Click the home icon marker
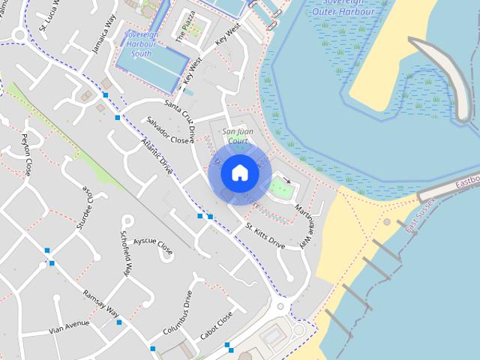[239, 173]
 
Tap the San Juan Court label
[237, 136]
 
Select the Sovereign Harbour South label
[140, 44]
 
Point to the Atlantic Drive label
[157, 157]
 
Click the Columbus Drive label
[178, 313]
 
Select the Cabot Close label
[217, 325]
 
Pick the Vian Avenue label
[68, 327]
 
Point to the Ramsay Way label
[101, 302]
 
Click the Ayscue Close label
[153, 246]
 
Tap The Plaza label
[184, 26]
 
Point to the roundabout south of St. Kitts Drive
[281, 306]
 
